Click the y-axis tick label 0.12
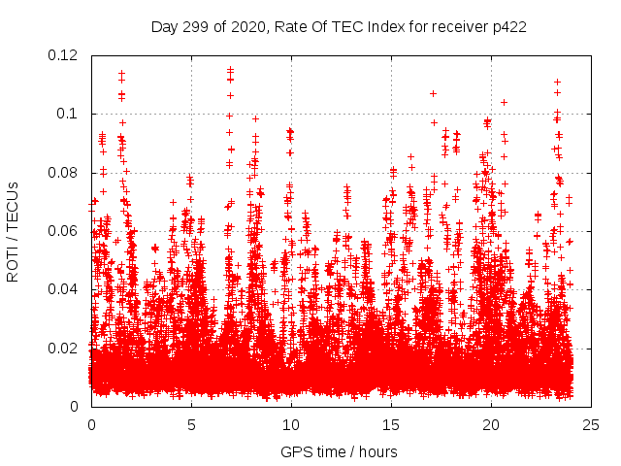(x=65, y=54)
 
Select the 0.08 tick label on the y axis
(x=65, y=173)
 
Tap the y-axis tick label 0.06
(x=65, y=231)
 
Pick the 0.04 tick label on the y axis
(x=65, y=289)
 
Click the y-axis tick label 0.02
(x=65, y=348)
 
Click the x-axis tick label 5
(x=191, y=425)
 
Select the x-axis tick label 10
(x=291, y=425)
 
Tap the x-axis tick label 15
(x=391, y=425)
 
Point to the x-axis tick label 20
(x=491, y=425)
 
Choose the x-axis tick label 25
(x=591, y=425)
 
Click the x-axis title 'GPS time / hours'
(x=339, y=451)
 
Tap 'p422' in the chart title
(x=509, y=27)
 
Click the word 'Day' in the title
(x=164, y=27)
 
